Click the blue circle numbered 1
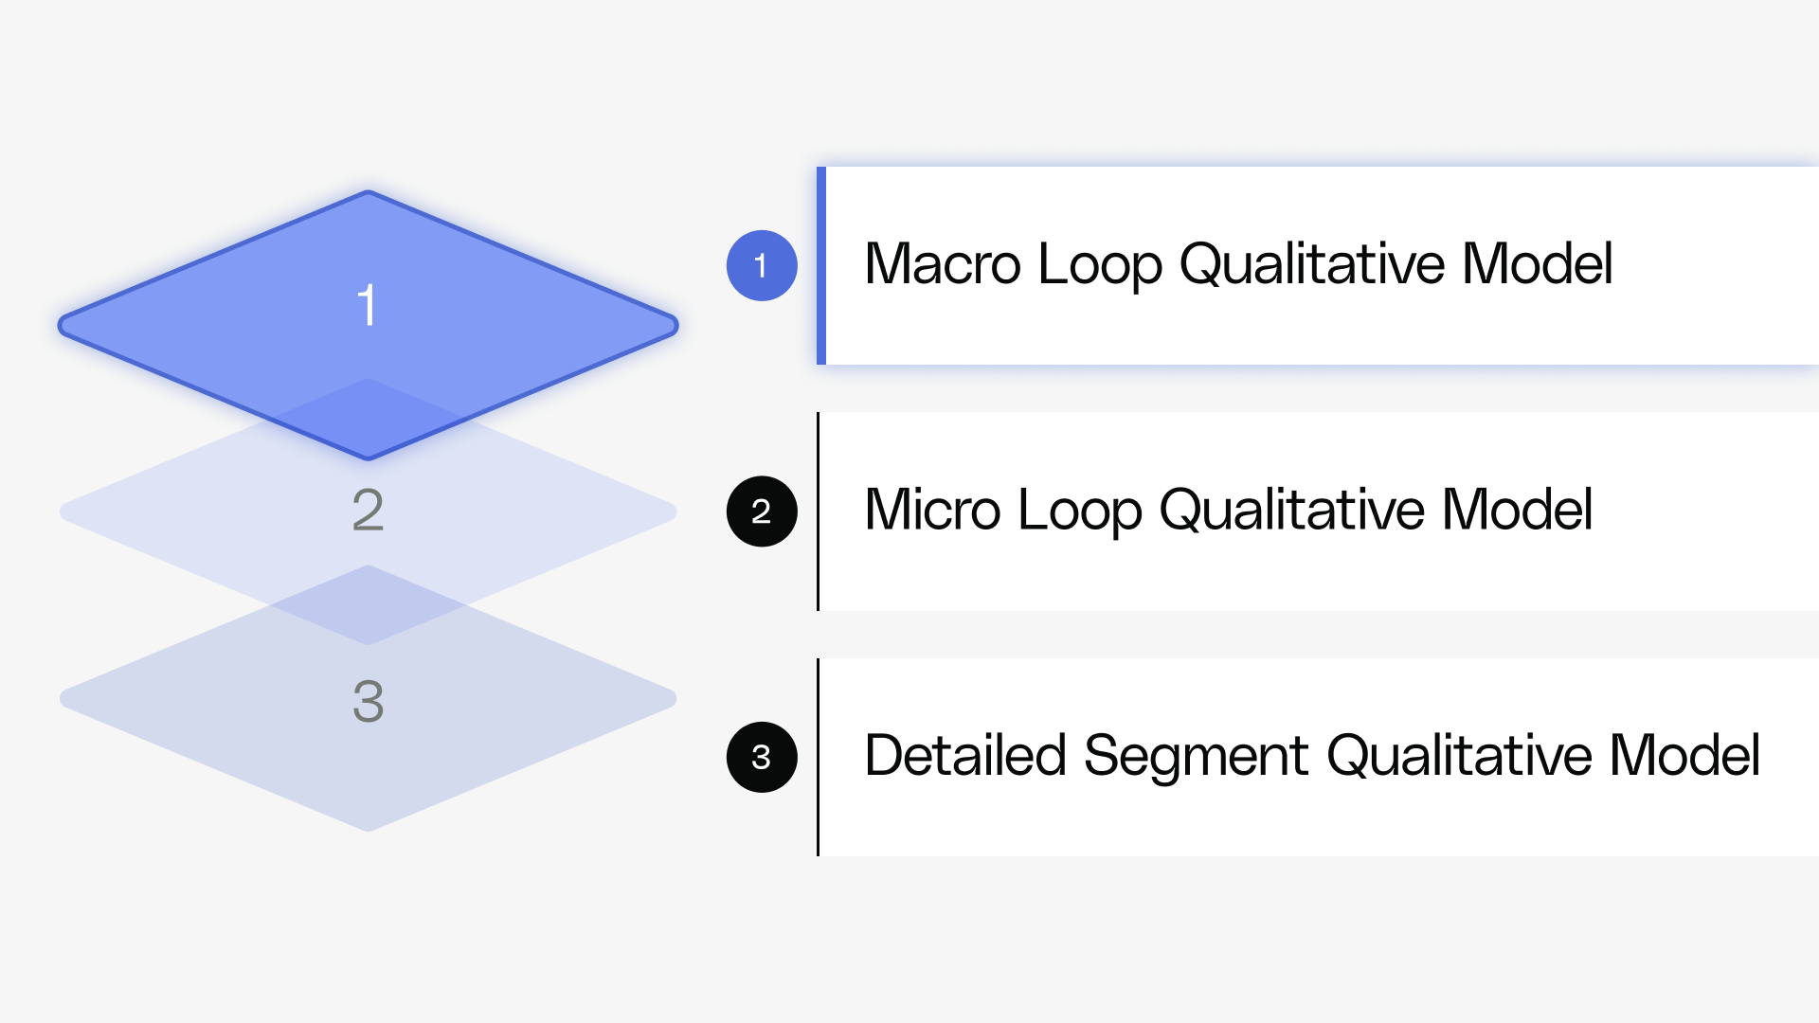(762, 265)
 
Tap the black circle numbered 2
(762, 511)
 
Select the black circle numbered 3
(762, 757)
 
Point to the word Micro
(932, 510)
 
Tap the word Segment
(1197, 756)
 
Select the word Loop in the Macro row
(1099, 265)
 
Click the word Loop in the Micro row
(1079, 511)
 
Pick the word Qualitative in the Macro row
(1311, 265)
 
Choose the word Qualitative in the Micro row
(1291, 511)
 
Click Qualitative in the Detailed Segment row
(1459, 756)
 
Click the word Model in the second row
(1517, 510)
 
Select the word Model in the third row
(1684, 756)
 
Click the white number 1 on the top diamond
(368, 305)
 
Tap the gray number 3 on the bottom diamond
(368, 701)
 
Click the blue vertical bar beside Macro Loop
(821, 265)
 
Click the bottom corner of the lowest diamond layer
(369, 826)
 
